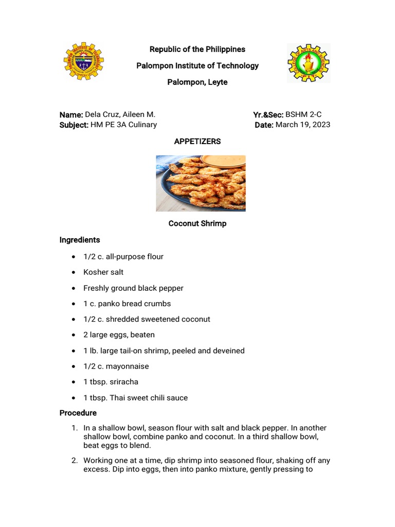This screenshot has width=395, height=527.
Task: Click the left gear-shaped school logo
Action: pos(83,61)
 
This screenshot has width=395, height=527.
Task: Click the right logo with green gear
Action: pos(308,63)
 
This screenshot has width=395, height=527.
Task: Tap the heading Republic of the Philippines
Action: pos(197,49)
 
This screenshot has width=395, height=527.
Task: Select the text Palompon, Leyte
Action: pos(197,82)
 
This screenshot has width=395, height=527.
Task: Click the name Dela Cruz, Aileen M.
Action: pos(120,114)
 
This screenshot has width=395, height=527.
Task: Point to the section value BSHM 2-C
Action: pos(303,114)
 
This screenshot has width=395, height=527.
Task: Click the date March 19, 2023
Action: pos(303,125)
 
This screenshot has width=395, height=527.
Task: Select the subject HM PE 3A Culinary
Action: pos(124,125)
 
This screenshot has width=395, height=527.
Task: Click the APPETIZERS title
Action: pos(197,141)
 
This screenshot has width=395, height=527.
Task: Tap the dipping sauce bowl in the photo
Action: pos(223,161)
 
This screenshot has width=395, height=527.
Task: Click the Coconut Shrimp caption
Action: pos(197,223)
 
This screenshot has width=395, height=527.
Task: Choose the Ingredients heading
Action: pos(80,240)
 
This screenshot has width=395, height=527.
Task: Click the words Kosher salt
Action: pos(103,272)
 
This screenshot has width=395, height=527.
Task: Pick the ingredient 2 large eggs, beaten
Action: pos(119,335)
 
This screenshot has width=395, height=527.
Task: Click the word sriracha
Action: pos(121,382)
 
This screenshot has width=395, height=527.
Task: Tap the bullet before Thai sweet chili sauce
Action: pos(74,398)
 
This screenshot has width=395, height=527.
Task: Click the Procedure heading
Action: pos(78,413)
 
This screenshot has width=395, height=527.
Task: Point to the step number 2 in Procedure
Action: pos(74,460)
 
